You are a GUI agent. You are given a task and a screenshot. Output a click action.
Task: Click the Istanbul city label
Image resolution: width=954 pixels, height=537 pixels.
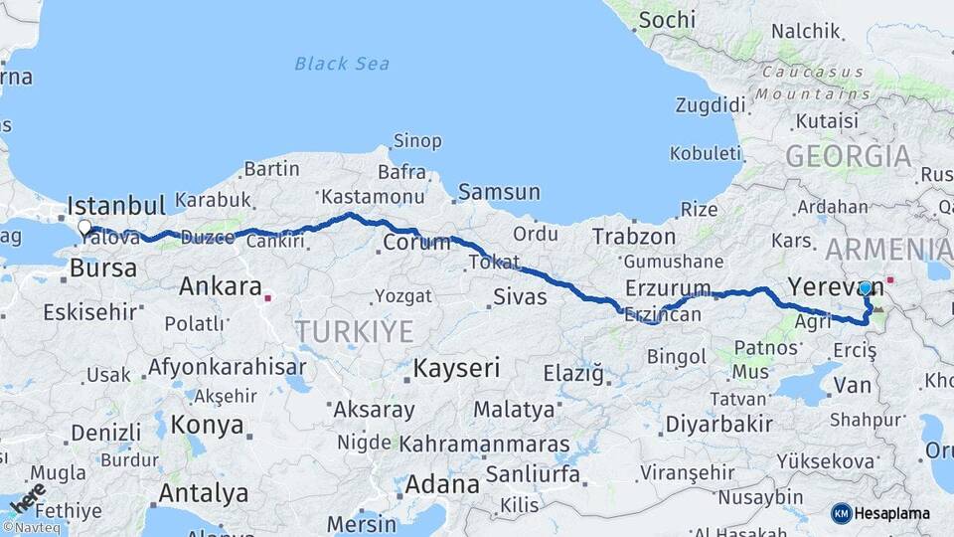click(115, 207)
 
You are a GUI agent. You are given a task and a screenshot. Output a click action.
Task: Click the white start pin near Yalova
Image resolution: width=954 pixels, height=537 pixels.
click(84, 228)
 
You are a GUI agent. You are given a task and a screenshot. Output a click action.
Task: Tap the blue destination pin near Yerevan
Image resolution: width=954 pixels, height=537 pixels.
click(865, 288)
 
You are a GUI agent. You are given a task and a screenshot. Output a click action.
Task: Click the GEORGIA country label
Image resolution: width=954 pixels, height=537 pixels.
click(848, 156)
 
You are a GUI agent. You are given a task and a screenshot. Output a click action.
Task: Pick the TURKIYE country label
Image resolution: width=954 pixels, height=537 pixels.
click(354, 331)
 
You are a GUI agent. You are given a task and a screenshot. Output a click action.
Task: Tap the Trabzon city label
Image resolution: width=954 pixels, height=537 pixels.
click(633, 237)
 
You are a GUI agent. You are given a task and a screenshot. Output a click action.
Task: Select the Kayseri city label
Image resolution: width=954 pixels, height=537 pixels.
click(456, 368)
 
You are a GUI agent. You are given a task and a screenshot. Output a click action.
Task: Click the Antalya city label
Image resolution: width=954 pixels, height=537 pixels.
click(204, 492)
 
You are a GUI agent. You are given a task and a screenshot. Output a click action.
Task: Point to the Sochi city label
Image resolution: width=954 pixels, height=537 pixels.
click(667, 20)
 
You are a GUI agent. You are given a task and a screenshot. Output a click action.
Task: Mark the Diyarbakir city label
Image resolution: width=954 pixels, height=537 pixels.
click(718, 425)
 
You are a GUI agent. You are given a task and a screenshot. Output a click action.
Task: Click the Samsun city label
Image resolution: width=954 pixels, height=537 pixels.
click(499, 192)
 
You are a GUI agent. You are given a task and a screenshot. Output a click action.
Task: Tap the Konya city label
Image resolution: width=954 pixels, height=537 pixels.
click(207, 426)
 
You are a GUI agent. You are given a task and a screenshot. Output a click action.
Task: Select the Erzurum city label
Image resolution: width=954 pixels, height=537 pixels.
click(668, 288)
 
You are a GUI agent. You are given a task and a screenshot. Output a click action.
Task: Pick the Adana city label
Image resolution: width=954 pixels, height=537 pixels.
click(443, 486)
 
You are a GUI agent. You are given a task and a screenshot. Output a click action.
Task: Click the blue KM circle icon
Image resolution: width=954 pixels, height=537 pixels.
click(841, 513)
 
